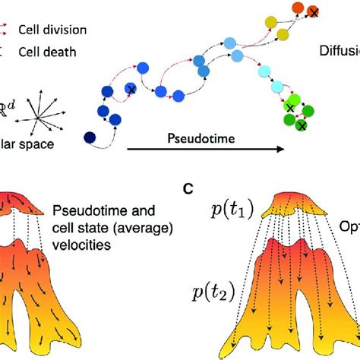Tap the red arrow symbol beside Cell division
(6, 30)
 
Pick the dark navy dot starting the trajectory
(90, 137)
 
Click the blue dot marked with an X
(131, 89)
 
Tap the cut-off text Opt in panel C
(348, 226)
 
